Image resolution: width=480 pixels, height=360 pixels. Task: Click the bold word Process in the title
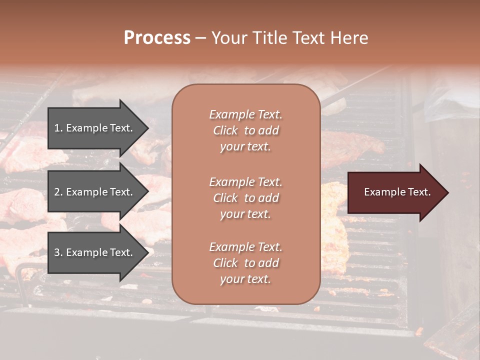(157, 38)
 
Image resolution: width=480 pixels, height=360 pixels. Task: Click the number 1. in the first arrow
(58, 128)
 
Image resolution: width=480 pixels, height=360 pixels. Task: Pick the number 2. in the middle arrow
(58, 192)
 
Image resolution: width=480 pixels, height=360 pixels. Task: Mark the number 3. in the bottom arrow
(58, 252)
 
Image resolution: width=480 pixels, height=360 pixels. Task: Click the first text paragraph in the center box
(245, 130)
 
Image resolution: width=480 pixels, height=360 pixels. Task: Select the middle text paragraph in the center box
(245, 198)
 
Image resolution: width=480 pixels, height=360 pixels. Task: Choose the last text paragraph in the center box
(245, 263)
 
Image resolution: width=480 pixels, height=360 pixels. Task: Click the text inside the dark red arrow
(397, 192)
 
